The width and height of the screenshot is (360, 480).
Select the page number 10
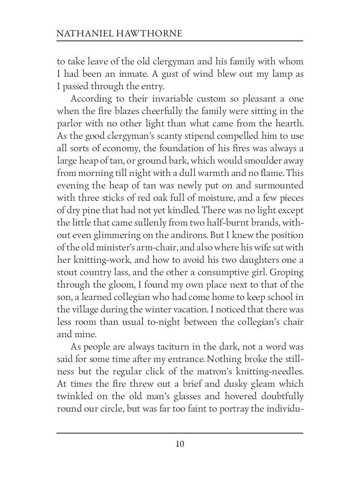pyautogui.click(x=180, y=444)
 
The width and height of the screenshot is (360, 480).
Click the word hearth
pyautogui.click(x=288, y=124)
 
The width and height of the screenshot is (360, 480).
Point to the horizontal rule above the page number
pyautogui.click(x=180, y=433)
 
